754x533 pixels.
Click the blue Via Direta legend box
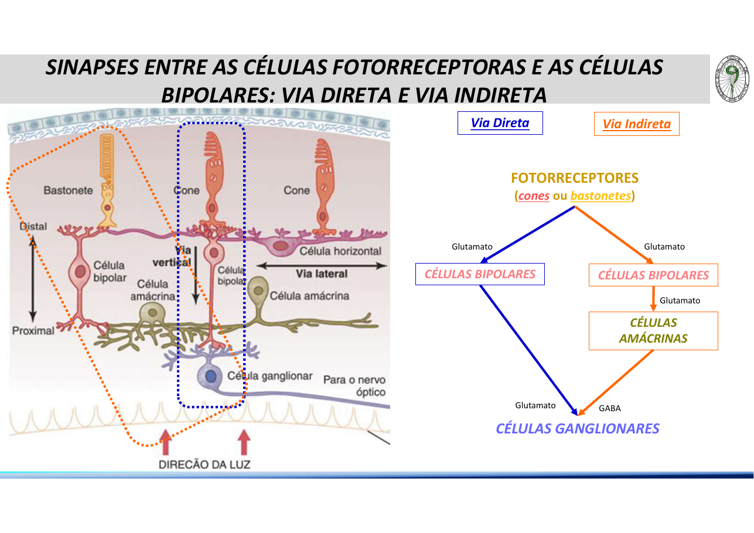point(500,123)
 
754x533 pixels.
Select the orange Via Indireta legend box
point(636,124)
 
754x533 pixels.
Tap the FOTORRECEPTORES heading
point(574,178)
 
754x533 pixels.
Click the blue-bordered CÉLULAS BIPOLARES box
point(480,274)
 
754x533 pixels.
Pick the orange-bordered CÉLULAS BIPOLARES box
point(653,275)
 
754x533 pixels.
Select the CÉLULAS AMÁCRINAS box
point(653,331)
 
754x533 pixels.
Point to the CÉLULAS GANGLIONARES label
point(577,429)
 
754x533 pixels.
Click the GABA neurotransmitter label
point(609,408)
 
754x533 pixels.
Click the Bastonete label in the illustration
point(68,190)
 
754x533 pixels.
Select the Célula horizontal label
point(340,251)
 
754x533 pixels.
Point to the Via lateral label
point(322,274)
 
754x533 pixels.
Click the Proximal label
point(33,330)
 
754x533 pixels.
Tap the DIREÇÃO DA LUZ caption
point(204,464)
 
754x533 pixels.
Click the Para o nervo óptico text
point(354,386)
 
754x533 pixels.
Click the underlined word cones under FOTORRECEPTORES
point(534,196)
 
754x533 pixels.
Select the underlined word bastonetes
point(601,196)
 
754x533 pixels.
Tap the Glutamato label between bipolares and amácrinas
point(680,300)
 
